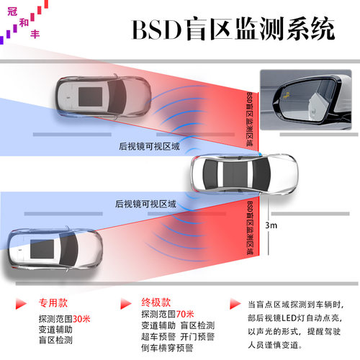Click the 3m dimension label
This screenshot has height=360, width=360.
tap(271, 225)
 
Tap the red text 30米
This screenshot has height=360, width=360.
tap(81, 319)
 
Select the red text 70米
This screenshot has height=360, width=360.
tap(185, 314)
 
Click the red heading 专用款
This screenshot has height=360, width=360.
tap(53, 303)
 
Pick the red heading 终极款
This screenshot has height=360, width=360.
tap(156, 302)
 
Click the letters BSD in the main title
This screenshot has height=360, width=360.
tap(157, 30)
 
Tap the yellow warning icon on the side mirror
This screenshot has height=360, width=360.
tap(285, 96)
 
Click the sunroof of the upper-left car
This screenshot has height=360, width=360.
tap(91, 96)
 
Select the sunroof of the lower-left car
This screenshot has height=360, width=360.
tap(42, 249)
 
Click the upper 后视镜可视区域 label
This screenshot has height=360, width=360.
tap(149, 146)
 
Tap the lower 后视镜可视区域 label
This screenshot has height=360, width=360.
tap(145, 204)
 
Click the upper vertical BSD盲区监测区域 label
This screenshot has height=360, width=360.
tap(250, 120)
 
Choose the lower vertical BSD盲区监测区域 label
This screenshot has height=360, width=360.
tap(250, 228)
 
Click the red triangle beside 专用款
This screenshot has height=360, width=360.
tap(21, 304)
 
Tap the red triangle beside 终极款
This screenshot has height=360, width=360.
tap(126, 304)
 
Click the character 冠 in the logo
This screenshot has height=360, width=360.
tap(12, 12)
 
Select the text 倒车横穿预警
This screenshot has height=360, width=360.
tap(167, 348)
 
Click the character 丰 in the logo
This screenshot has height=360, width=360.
tap(35, 34)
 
